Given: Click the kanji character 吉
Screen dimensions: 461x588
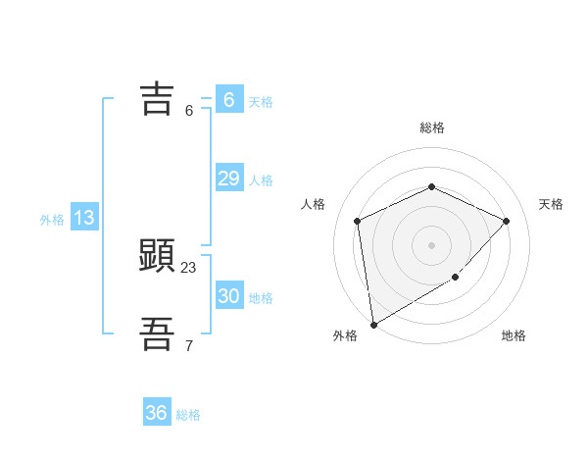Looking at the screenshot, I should point(157,99).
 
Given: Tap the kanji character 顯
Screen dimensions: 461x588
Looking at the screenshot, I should point(157,257).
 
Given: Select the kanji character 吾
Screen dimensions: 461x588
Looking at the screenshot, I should point(157,334).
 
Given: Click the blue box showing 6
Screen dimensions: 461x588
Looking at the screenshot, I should point(228,99).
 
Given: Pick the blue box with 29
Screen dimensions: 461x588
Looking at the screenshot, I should point(228,179).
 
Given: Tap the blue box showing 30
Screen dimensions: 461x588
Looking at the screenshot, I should point(228,296).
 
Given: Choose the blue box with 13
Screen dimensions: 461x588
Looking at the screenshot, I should point(84,218).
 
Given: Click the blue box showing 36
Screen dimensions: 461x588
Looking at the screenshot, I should point(157,413).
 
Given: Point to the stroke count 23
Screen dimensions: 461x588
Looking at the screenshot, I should point(189,267).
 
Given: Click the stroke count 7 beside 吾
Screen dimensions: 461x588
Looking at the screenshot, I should point(189,345).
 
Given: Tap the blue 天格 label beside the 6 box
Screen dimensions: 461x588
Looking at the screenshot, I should point(261,101).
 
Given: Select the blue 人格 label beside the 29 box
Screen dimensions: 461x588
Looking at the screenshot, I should point(261,180).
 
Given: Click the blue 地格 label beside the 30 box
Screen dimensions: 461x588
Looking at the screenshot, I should point(261,298).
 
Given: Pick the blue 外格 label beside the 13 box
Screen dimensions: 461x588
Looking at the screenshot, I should point(52,220).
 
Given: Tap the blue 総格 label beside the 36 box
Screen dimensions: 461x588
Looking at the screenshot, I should point(188,415).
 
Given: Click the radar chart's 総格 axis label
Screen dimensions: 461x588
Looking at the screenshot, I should point(431,128).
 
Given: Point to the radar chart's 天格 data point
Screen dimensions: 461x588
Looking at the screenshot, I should point(506,221).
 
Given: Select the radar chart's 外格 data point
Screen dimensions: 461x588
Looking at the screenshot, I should point(373,324).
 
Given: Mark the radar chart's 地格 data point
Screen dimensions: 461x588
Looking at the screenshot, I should point(456,278).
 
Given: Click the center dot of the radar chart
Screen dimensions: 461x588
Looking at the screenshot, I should point(431,244).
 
